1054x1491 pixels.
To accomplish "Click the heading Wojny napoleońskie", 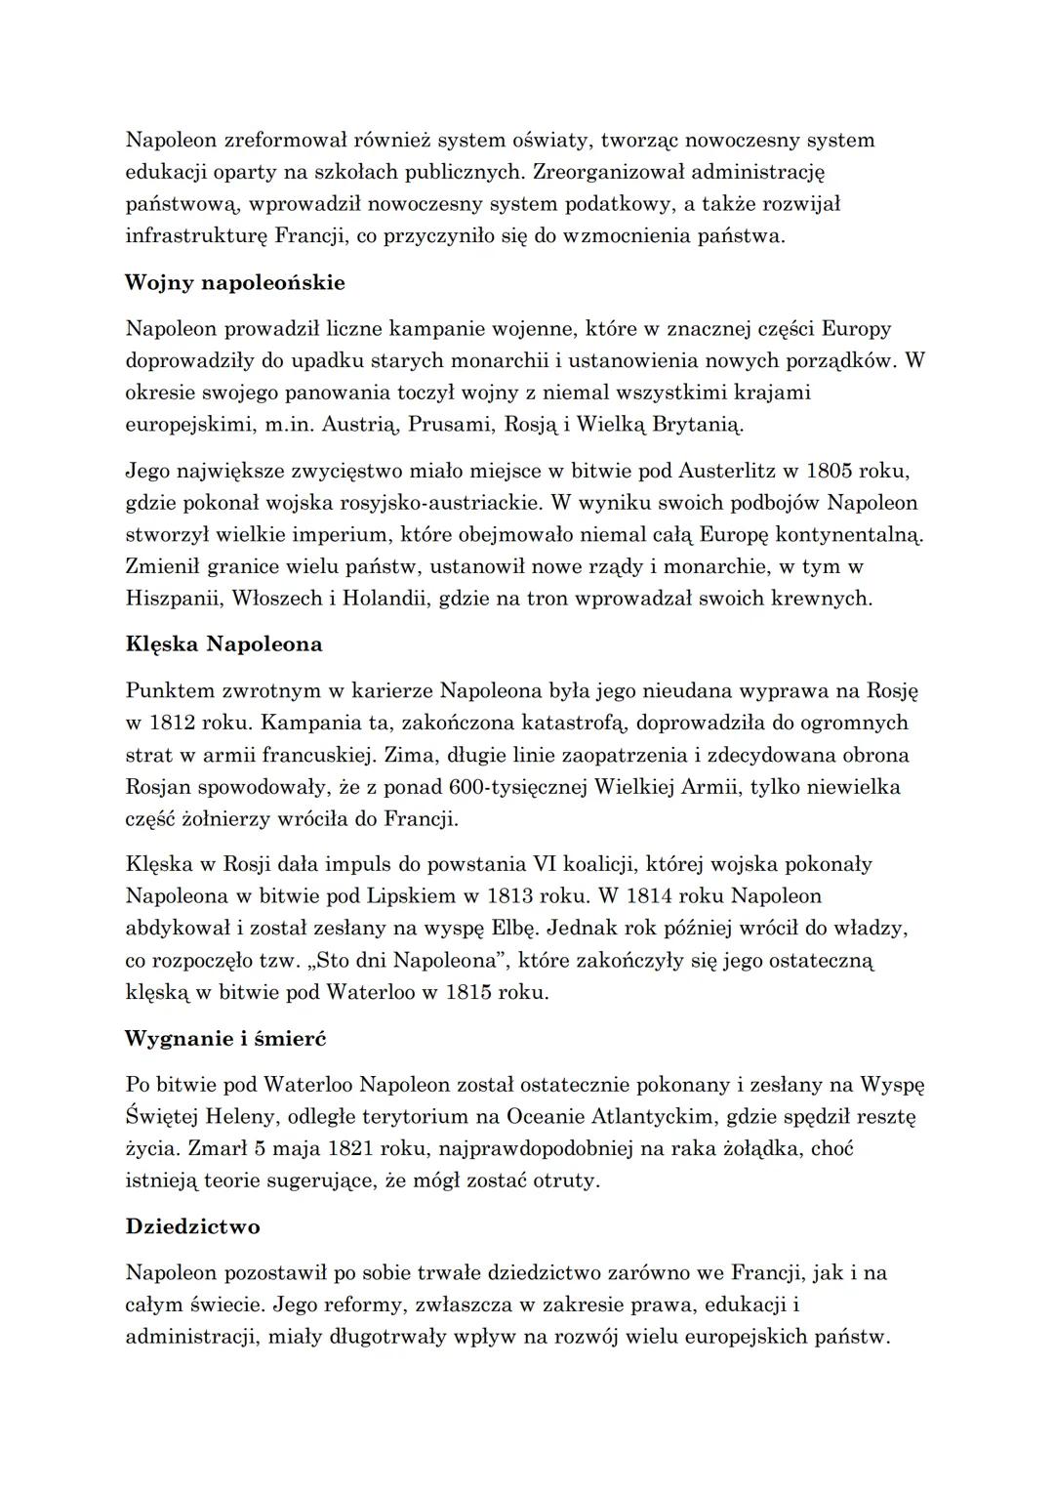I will click(x=235, y=283).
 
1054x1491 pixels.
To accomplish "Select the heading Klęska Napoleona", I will click(x=223, y=644).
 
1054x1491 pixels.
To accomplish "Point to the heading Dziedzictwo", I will click(x=192, y=1225).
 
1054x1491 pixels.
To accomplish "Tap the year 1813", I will click(x=498, y=896).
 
